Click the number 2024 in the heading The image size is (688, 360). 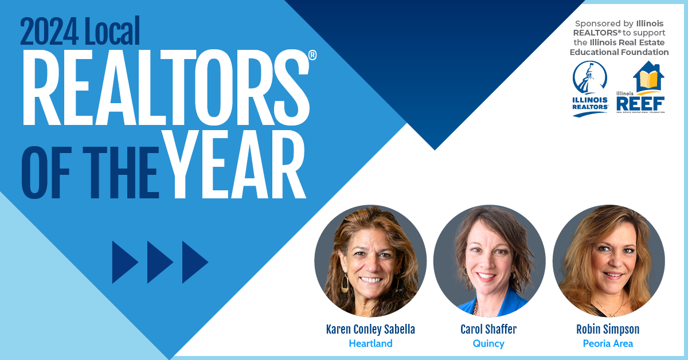tap(49, 32)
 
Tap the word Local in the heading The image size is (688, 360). tap(112, 31)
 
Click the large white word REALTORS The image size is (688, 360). tap(166, 87)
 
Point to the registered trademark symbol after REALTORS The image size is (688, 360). tap(312, 55)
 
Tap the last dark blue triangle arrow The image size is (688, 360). tap(195, 262)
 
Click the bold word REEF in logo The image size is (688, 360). tap(640, 104)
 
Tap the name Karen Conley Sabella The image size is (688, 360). tap(370, 329)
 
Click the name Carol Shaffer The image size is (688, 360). tap(488, 329)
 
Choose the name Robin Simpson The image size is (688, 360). tap(608, 329)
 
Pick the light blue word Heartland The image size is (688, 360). tap(371, 343)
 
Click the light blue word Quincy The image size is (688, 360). tap(488, 344)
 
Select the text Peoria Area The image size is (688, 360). tap(608, 343)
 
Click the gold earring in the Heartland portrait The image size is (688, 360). tap(345, 283)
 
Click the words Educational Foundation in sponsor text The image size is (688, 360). tap(619, 52)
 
